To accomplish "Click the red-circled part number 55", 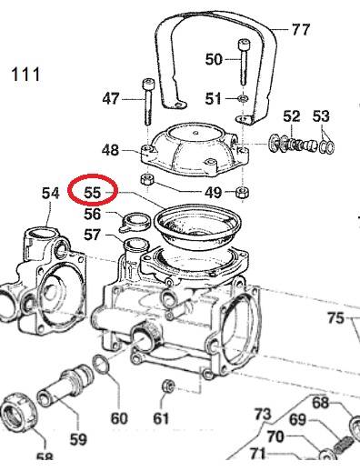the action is (x=93, y=192).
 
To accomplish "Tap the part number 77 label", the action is (x=301, y=30).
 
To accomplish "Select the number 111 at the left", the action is (x=25, y=75).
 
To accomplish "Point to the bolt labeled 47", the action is (x=148, y=102).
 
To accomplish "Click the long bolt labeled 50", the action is (x=244, y=62).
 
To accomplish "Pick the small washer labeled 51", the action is (x=243, y=98).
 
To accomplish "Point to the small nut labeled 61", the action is (x=168, y=386).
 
